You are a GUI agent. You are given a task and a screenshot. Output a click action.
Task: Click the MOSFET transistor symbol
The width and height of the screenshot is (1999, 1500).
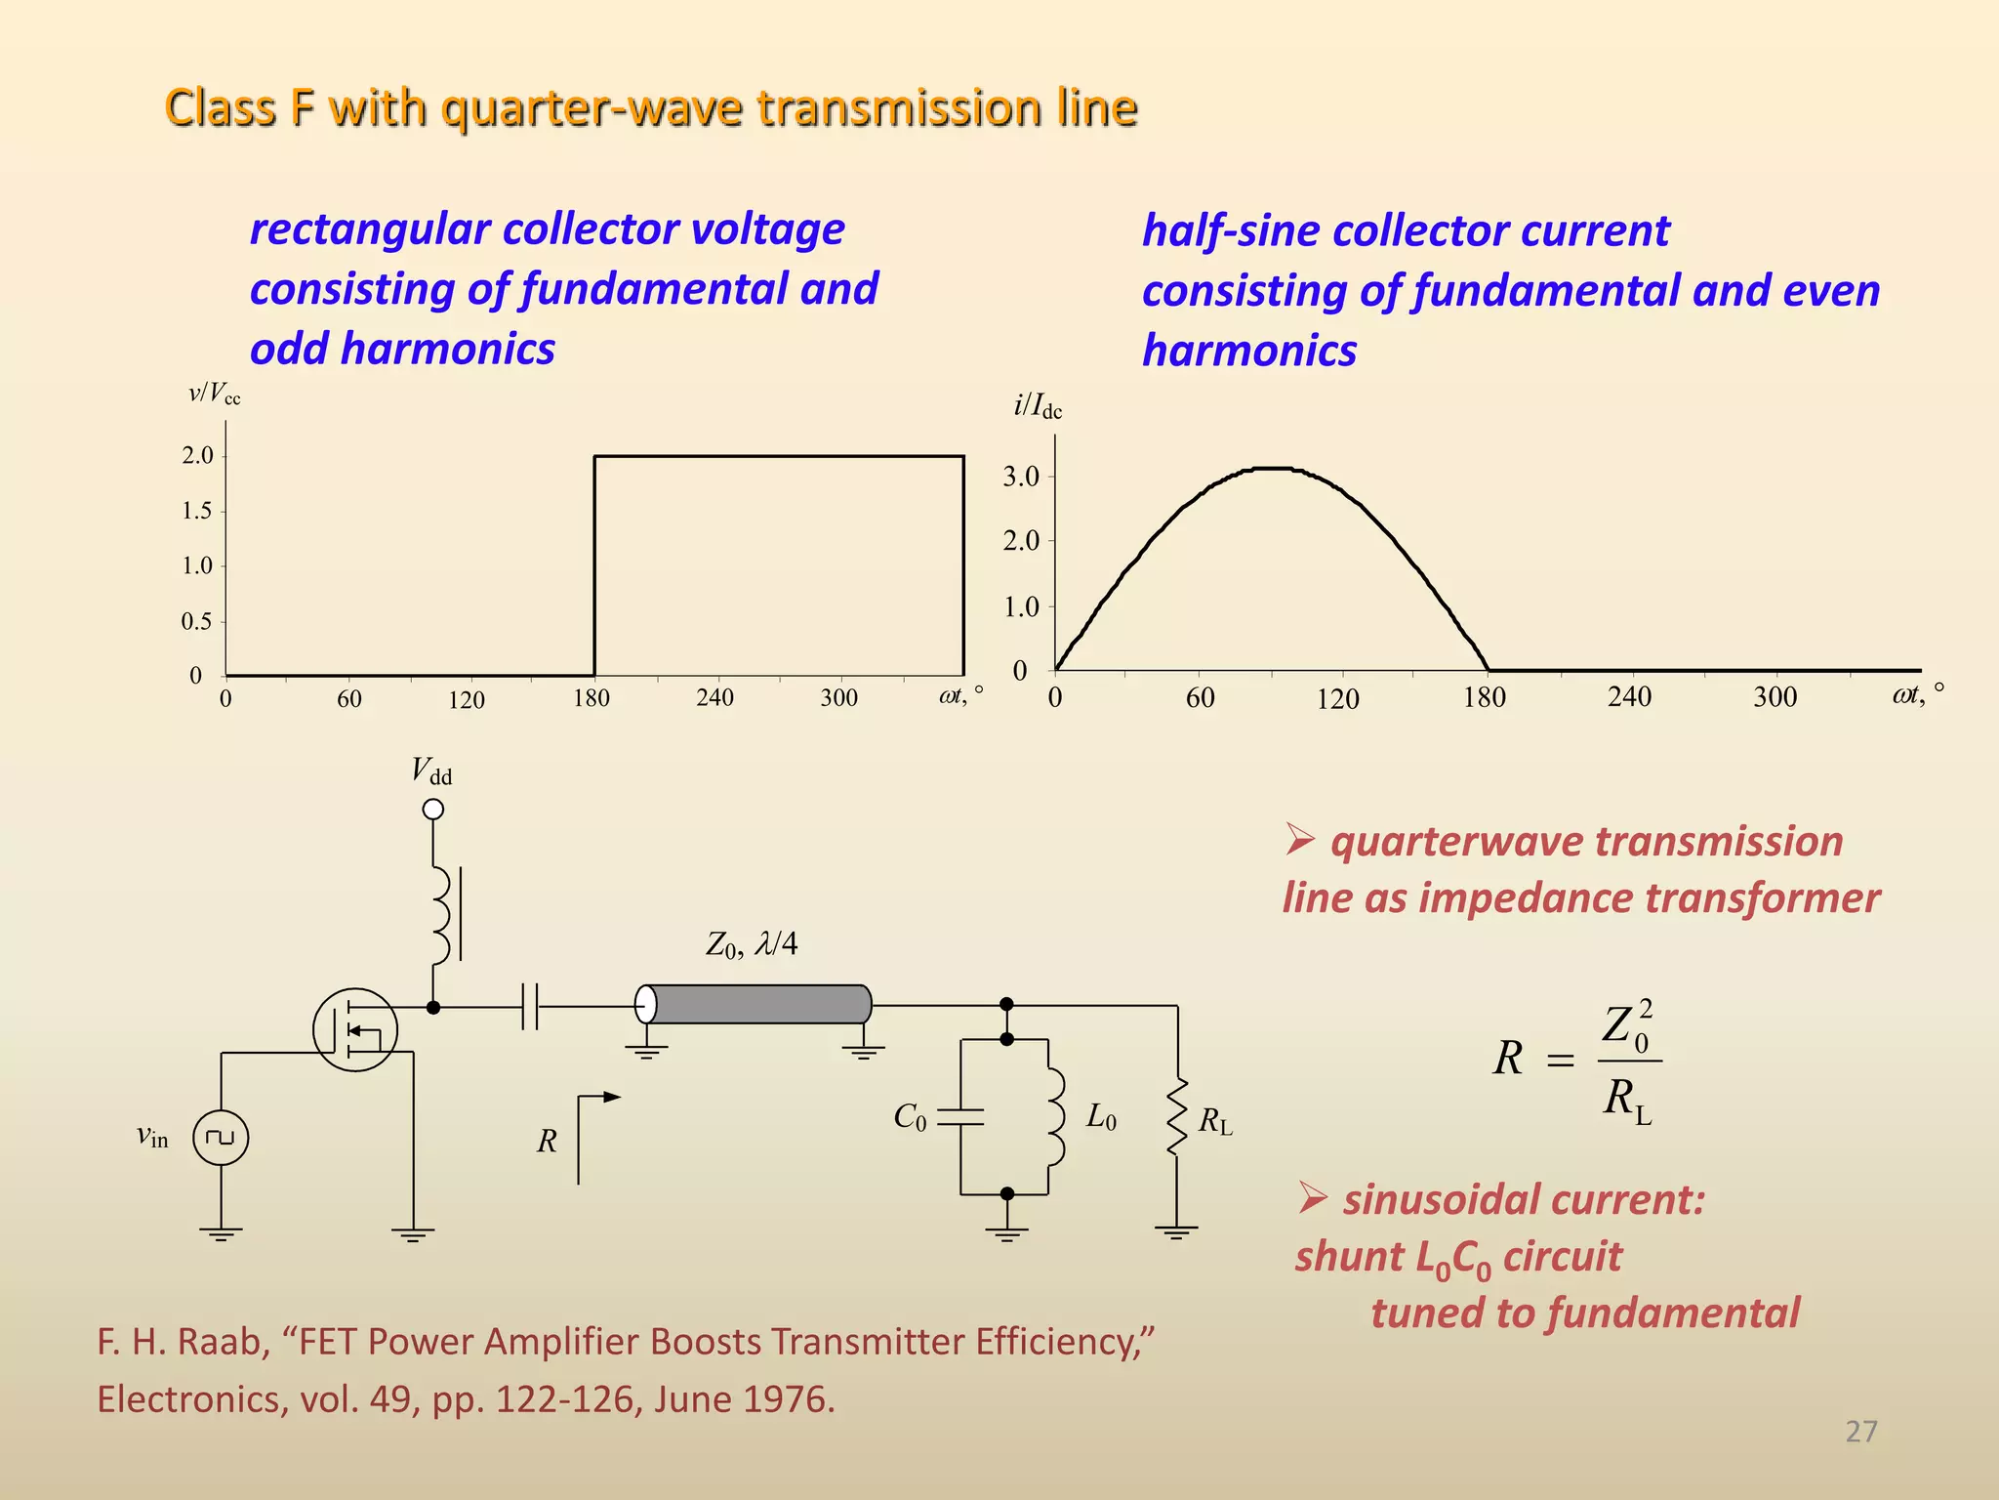point(355,1029)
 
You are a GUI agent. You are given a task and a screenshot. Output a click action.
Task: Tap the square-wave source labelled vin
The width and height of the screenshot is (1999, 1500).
point(221,1138)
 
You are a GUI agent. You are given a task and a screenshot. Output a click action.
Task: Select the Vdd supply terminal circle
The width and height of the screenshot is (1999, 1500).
point(433,810)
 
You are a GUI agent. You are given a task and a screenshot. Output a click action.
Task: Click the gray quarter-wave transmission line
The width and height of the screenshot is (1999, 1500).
point(756,1004)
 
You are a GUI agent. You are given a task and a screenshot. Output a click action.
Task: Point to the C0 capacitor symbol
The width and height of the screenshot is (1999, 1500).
point(960,1117)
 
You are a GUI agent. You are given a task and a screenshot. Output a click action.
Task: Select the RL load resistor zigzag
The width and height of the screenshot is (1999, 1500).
point(1178,1117)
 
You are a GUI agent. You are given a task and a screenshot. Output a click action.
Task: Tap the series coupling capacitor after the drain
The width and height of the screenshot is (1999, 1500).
point(530,1007)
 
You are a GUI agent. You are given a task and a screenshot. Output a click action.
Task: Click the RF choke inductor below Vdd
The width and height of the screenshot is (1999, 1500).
point(441,914)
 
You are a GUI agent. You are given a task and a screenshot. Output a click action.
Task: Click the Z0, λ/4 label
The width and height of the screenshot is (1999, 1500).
point(752,944)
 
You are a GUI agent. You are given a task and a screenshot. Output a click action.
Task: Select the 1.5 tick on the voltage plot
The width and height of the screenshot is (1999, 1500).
point(198,511)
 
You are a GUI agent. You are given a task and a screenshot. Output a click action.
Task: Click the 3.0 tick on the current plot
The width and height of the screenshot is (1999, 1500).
point(1021,477)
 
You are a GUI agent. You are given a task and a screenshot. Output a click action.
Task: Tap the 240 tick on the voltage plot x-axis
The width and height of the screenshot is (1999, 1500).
point(715,697)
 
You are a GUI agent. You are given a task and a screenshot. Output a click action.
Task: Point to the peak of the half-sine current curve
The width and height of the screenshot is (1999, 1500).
point(1272,469)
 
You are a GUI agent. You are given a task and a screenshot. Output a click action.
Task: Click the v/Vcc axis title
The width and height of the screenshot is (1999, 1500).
point(215,395)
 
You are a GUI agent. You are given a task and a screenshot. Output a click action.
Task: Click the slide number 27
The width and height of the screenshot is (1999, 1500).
point(1860,1432)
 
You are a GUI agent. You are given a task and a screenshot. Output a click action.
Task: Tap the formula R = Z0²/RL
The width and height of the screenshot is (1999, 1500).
point(1576,1061)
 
